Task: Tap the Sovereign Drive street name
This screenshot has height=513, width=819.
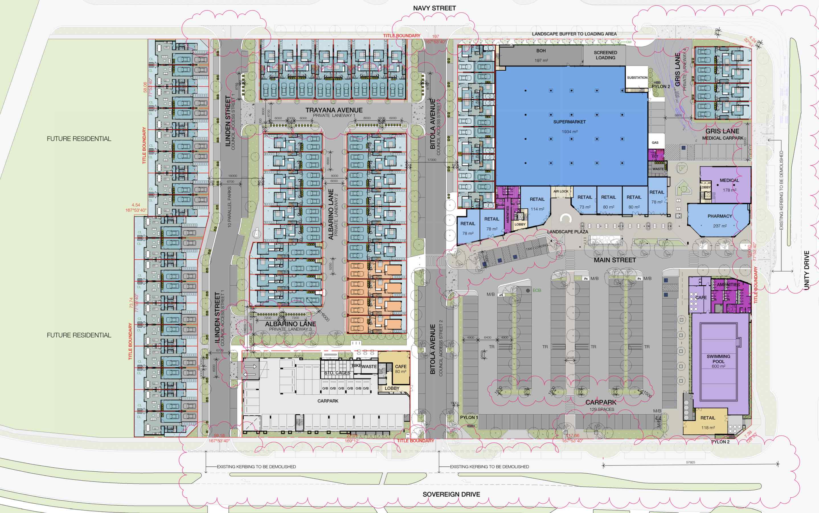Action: click(x=451, y=494)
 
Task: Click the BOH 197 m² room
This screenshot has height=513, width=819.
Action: click(x=541, y=55)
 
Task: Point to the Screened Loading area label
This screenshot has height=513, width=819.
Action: click(x=605, y=55)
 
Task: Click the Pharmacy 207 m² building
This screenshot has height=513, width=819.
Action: click(x=720, y=221)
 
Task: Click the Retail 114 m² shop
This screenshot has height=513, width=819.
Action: click(x=537, y=204)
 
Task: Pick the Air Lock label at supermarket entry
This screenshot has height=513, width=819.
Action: click(x=561, y=191)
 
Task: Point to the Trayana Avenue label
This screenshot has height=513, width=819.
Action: click(x=334, y=110)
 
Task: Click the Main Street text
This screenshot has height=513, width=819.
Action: click(x=615, y=260)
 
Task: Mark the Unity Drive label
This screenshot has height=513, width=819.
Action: click(x=806, y=270)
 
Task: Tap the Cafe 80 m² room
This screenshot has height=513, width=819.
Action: click(x=400, y=369)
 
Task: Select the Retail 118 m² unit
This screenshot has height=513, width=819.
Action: click(x=708, y=422)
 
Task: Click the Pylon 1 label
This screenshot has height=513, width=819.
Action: click(x=469, y=417)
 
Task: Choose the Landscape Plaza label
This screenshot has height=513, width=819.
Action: click(x=568, y=232)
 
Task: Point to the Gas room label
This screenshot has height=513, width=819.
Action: click(x=655, y=142)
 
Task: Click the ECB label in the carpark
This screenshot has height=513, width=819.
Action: click(x=537, y=290)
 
